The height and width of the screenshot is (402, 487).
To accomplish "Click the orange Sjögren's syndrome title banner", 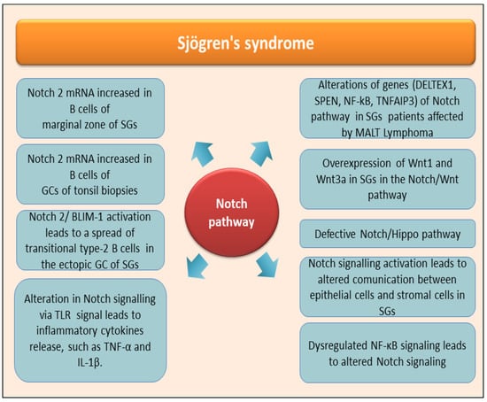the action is (245, 43).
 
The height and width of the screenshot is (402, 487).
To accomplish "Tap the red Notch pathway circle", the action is (232, 213).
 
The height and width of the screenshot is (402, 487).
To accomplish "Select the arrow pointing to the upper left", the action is (202, 153).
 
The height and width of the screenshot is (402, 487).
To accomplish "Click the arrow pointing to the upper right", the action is (261, 153).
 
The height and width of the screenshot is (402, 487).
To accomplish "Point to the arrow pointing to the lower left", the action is (197, 266).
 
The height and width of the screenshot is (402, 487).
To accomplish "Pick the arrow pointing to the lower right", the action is (267, 265).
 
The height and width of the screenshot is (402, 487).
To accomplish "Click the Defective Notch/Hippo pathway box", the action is (387, 234).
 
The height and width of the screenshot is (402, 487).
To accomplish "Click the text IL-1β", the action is (90, 362).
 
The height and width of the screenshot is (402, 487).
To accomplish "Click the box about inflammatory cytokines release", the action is (90, 330).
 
